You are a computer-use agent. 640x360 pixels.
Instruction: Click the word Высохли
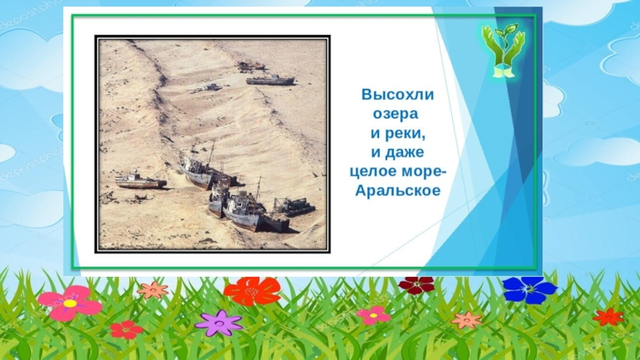coord(398,95)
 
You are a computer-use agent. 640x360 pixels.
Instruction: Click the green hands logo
coord(502,54)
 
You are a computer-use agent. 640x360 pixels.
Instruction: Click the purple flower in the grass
coord(218,322)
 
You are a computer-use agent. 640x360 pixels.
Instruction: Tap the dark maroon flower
coord(416,284)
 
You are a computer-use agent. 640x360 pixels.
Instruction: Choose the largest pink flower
coord(70,303)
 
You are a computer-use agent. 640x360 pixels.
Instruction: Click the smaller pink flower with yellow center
coord(374,315)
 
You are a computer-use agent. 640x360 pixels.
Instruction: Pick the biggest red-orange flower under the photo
coord(252,290)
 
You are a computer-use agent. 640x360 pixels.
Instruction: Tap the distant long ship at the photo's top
coord(270,79)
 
